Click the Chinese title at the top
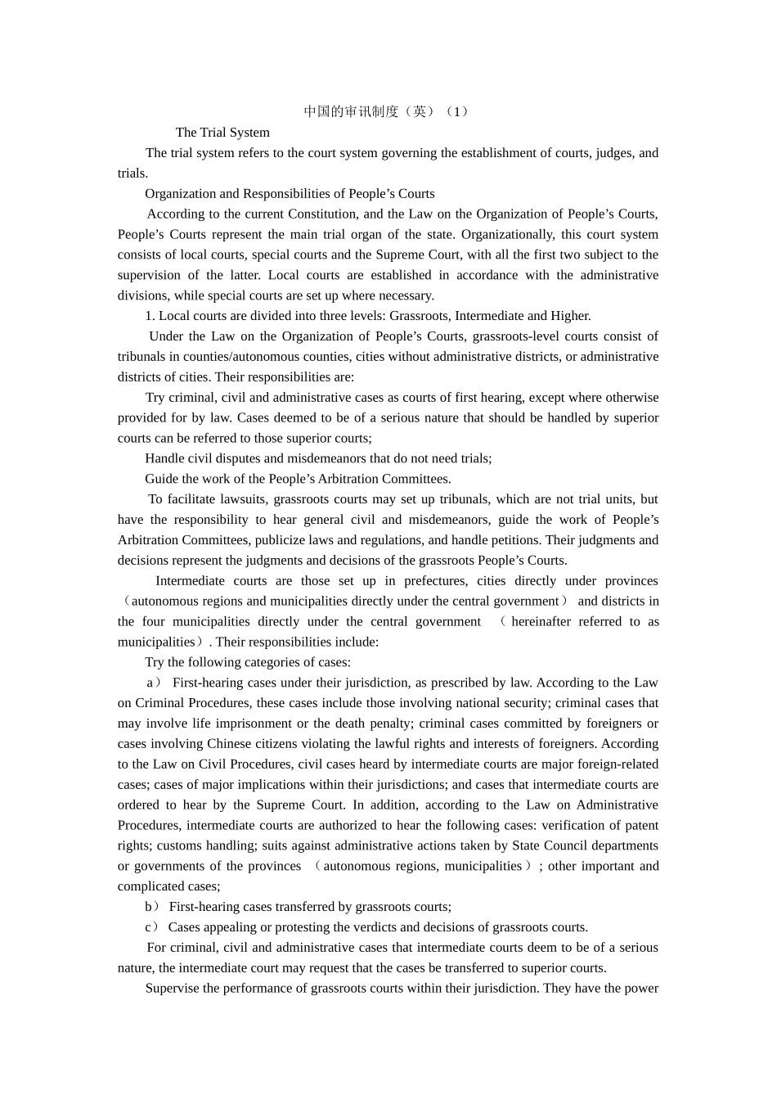(x=388, y=111)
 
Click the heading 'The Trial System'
(x=222, y=133)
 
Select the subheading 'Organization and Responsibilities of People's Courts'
(x=290, y=194)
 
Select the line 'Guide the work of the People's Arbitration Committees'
(x=298, y=479)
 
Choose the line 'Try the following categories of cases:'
(x=248, y=662)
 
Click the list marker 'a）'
(x=154, y=683)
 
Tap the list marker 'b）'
(x=153, y=907)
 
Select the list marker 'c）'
(x=153, y=927)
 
